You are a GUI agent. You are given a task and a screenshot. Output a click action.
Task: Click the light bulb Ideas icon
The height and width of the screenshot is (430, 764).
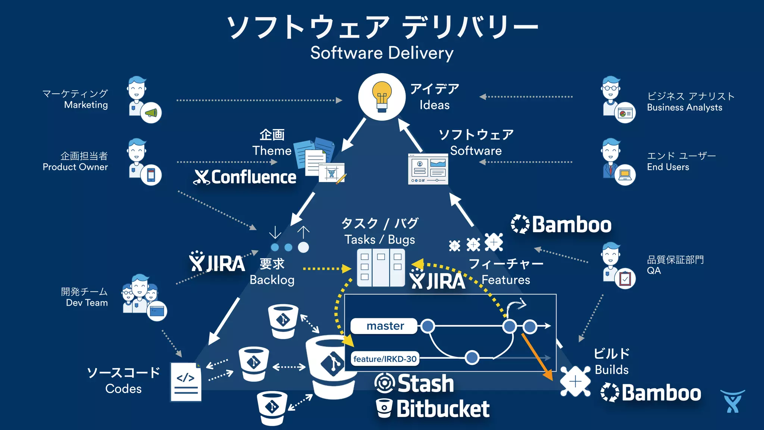point(382,97)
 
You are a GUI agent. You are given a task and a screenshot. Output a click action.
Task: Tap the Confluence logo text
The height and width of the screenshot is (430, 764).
point(253,177)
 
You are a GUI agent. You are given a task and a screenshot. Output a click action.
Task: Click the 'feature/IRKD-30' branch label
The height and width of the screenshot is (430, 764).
point(385,359)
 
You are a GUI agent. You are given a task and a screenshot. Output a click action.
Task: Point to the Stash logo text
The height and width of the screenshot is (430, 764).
point(425,384)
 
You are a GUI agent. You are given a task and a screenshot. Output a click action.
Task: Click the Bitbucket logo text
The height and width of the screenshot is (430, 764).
point(442,409)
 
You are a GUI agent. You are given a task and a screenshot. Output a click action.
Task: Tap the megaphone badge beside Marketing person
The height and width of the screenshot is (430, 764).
point(151,112)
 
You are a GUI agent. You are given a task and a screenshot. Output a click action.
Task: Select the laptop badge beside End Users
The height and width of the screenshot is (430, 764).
point(625,174)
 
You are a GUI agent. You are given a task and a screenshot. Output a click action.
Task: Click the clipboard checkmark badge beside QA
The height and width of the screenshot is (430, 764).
point(625,278)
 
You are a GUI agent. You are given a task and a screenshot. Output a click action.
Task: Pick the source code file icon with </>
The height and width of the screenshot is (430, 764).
point(186,381)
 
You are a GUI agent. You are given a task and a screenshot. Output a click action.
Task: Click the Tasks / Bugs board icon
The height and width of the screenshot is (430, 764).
point(381,267)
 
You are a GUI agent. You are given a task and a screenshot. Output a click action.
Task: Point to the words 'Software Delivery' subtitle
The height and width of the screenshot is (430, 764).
point(382,53)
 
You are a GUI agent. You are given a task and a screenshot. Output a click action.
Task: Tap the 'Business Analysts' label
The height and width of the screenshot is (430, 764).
point(684,107)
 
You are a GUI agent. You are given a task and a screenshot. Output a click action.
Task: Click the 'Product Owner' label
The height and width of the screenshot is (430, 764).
point(75,167)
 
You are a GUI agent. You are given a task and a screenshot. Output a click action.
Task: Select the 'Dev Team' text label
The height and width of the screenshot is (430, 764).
point(87,303)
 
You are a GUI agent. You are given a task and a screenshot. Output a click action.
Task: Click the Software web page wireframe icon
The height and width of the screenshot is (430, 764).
point(428,169)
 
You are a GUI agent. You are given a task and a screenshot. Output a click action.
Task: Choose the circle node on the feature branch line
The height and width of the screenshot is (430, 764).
point(472,357)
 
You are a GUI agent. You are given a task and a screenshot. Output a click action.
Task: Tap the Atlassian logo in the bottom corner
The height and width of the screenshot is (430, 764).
point(732,401)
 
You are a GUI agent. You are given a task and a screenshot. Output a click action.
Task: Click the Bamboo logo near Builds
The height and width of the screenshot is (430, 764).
point(651,393)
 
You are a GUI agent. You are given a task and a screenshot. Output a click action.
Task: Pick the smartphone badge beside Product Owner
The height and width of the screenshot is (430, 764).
point(151,175)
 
